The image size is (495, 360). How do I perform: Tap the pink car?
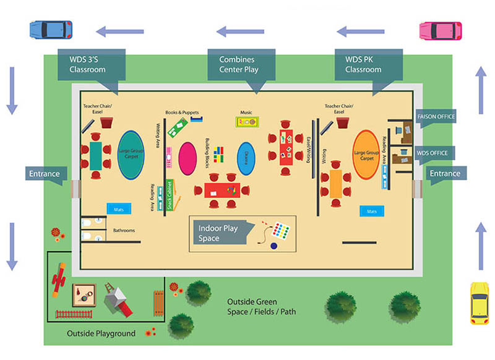click(441, 30)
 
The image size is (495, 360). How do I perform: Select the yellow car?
click(479, 303)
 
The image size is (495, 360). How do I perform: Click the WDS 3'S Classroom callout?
click(91, 65)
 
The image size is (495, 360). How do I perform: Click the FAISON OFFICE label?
click(437, 116)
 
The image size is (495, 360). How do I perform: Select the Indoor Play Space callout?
click(220, 233)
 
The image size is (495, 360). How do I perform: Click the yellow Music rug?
click(246, 122)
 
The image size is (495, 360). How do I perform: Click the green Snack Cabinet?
click(168, 195)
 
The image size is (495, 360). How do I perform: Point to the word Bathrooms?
click(124, 231)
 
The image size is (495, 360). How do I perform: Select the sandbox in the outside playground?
click(83, 293)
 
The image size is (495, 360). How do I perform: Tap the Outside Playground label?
click(101, 334)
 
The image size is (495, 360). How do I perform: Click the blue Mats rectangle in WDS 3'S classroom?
click(119, 210)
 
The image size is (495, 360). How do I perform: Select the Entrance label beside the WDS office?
click(445, 173)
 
